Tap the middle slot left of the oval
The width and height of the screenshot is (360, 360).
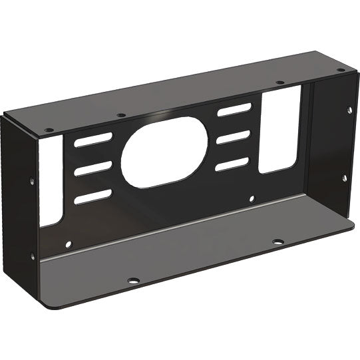tap(93, 169)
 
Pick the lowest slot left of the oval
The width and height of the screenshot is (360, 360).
tap(94, 196)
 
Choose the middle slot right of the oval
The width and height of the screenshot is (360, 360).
tap(234, 138)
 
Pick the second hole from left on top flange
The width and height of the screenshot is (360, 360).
tap(120, 115)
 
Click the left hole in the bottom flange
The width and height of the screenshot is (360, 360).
tap(134, 280)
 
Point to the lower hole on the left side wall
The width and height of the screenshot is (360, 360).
tap(33, 254)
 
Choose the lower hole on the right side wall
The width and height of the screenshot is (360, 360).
tap(345, 177)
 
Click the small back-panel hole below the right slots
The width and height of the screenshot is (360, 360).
tap(251, 198)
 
